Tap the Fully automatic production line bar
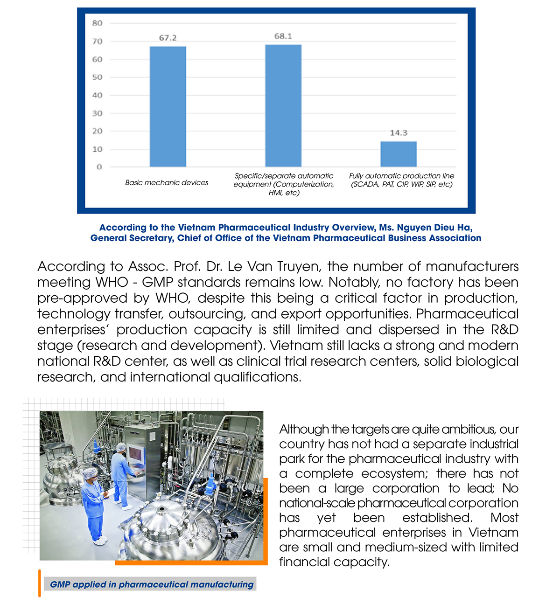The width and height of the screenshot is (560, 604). pyautogui.click(x=399, y=154)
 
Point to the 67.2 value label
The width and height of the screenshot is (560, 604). pyautogui.click(x=168, y=38)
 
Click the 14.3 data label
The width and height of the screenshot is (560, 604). pyautogui.click(x=399, y=133)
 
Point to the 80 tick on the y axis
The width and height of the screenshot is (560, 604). pyautogui.click(x=97, y=23)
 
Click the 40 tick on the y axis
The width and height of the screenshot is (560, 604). pyautogui.click(x=97, y=95)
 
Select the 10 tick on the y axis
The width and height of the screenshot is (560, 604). pyautogui.click(x=97, y=149)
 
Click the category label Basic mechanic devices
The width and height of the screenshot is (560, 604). pyautogui.click(x=167, y=183)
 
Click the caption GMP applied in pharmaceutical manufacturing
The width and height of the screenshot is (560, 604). pyautogui.click(x=152, y=584)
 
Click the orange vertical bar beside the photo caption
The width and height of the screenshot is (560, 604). pyautogui.click(x=40, y=583)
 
